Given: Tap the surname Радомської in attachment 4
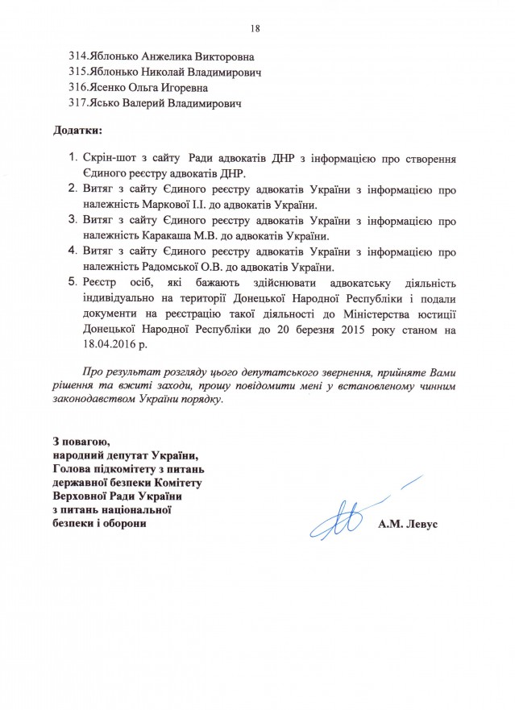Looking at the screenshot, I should click(x=159, y=267).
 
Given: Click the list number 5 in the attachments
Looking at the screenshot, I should click(x=72, y=284).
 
